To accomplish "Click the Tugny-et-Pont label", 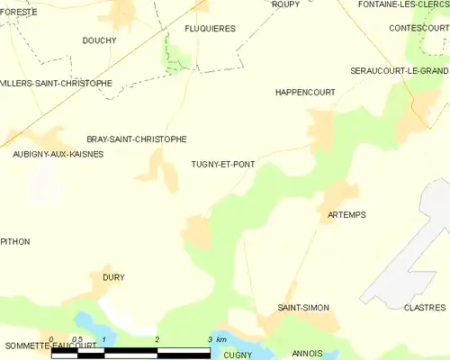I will (x=222, y=164).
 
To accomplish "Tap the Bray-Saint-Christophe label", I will (x=137, y=139).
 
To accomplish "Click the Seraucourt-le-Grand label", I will (x=400, y=70).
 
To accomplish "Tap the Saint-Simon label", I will (x=303, y=308).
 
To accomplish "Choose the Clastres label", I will (x=426, y=308).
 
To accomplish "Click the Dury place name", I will (x=113, y=277).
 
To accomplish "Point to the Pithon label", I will (x=15, y=241).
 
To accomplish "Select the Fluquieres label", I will (x=210, y=29).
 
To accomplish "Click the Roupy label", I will (x=285, y=4).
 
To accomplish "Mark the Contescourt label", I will (x=418, y=29).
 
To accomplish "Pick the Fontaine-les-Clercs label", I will (x=403, y=4).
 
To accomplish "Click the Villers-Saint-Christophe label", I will (x=56, y=83).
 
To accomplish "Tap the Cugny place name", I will (x=238, y=355).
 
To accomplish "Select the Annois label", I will (x=308, y=353).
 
